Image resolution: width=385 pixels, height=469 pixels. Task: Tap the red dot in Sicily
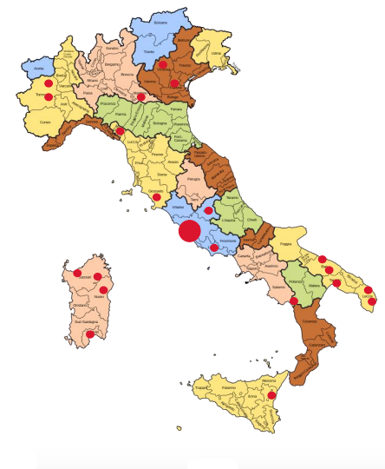[271, 396]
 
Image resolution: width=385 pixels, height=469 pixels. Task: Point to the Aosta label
[38, 68]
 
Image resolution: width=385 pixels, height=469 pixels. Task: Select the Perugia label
[193, 179]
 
